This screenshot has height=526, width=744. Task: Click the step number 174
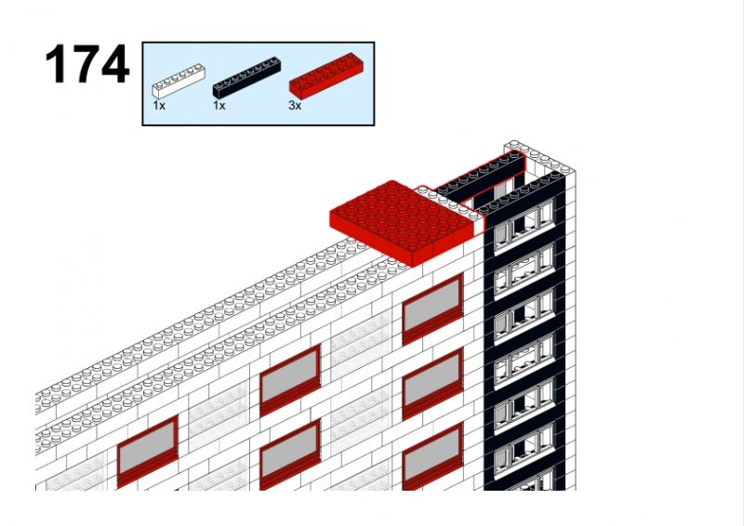(x=86, y=64)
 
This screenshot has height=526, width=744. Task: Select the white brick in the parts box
(x=179, y=81)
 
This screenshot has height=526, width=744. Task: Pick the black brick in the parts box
(x=246, y=77)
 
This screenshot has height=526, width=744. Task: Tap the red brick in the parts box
(x=327, y=75)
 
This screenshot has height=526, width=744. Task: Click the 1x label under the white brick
(x=159, y=105)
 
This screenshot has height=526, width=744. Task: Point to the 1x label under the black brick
(x=219, y=105)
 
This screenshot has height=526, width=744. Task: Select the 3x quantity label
(x=295, y=105)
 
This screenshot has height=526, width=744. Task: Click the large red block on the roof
(x=402, y=222)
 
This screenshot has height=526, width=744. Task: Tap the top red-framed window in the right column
(x=432, y=309)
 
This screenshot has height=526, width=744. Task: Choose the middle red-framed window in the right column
(x=432, y=383)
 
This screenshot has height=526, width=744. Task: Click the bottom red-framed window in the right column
(x=432, y=456)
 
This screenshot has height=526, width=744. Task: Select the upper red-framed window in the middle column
(x=290, y=380)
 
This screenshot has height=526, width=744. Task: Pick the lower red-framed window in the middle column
(x=290, y=454)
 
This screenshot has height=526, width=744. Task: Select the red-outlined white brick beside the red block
(x=449, y=204)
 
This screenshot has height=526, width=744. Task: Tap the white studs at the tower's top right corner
(x=538, y=156)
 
